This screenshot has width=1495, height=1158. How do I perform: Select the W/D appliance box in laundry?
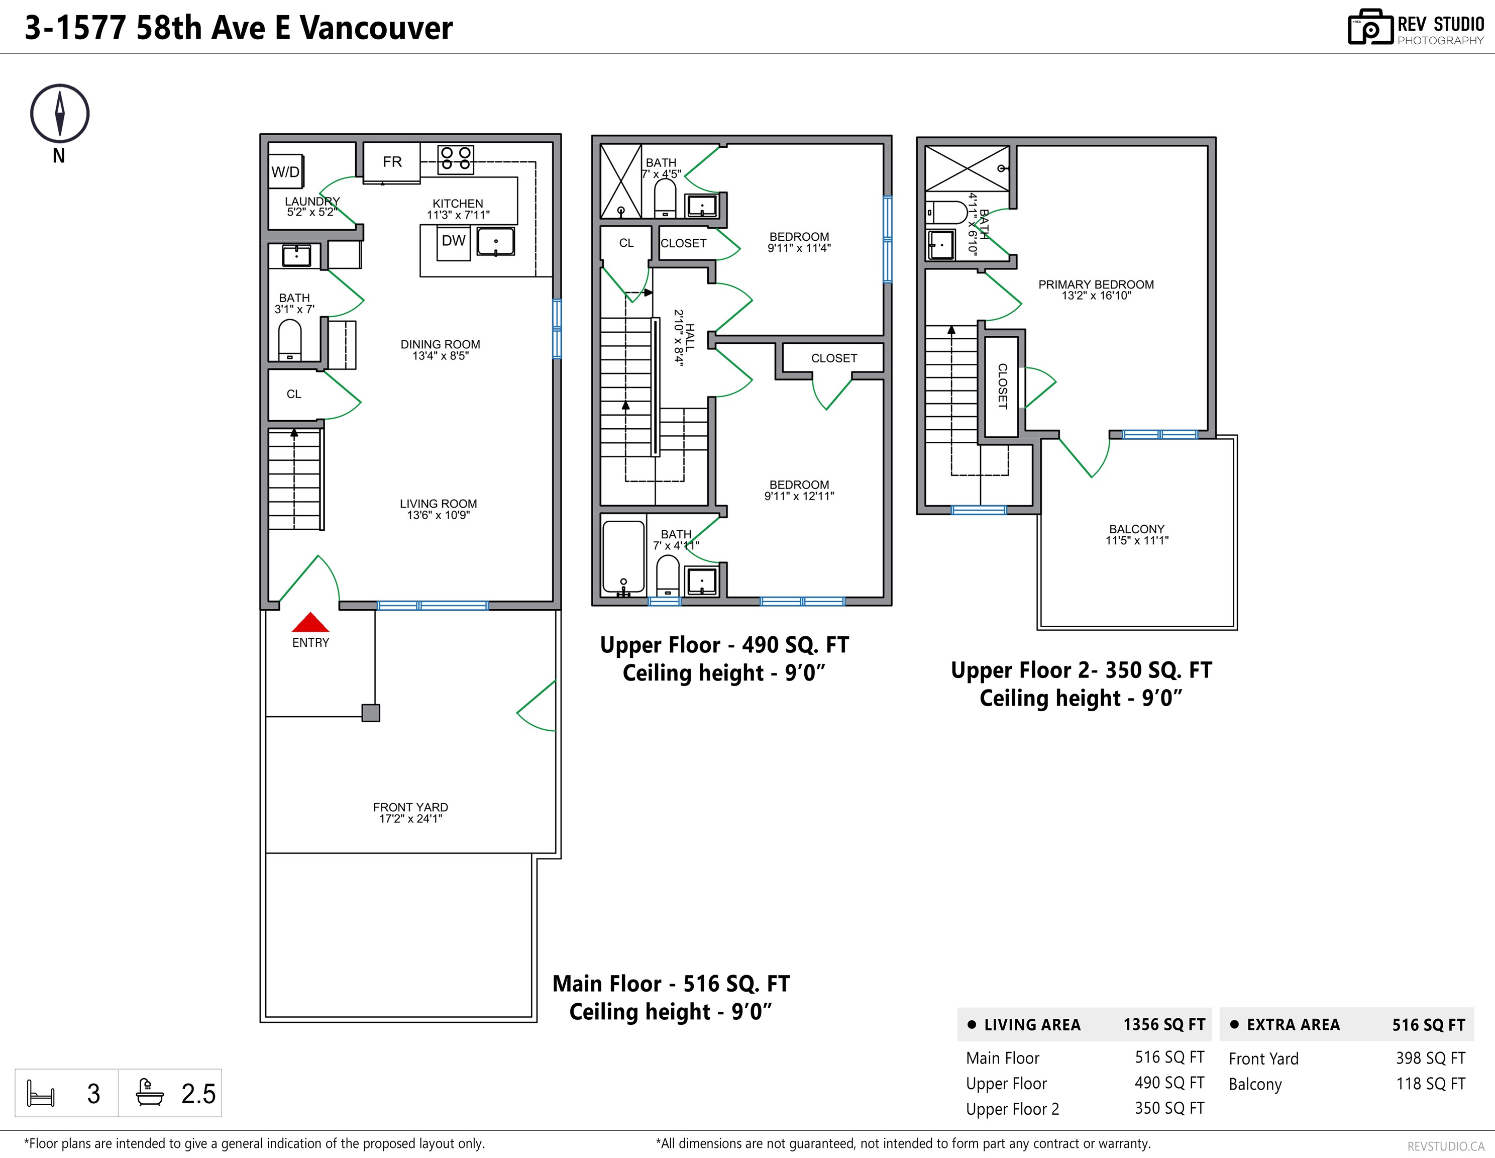click(286, 171)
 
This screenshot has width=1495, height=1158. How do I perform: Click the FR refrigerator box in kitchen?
click(391, 162)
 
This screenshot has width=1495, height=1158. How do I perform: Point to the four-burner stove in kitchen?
click(456, 158)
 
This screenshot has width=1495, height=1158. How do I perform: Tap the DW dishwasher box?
click(453, 243)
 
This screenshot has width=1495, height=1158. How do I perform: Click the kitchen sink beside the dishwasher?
click(496, 242)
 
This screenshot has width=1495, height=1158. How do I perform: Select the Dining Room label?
click(440, 349)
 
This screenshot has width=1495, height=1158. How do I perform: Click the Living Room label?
click(438, 509)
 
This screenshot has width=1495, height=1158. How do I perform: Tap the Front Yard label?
click(411, 813)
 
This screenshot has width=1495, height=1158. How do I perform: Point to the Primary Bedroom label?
click(1096, 289)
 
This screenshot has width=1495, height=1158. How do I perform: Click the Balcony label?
click(1137, 534)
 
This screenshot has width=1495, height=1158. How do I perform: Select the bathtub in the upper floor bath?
click(623, 557)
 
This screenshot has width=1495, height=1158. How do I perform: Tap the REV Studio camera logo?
click(1370, 28)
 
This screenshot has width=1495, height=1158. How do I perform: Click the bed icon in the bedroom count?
click(40, 1093)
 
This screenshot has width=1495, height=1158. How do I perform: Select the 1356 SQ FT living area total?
click(1163, 1024)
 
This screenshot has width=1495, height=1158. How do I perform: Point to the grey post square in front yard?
click(370, 713)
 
